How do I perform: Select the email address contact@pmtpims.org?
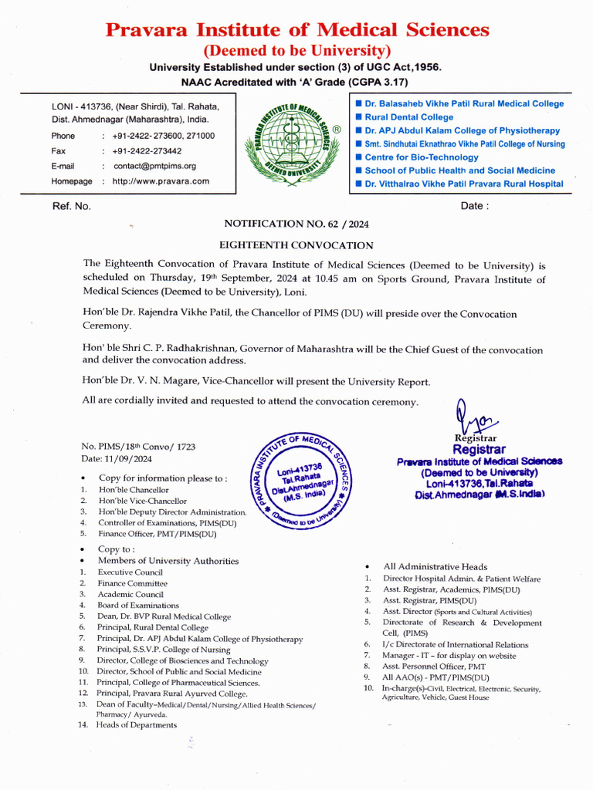[154, 166]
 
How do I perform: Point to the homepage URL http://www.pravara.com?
[161, 181]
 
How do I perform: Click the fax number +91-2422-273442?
[147, 151]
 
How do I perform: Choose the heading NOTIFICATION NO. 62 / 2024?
[296, 224]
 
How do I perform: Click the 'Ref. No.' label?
[71, 206]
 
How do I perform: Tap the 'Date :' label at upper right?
[474, 206]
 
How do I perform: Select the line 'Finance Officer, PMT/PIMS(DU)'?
[157, 533]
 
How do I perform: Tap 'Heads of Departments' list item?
[137, 725]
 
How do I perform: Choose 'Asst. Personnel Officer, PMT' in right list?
[434, 666]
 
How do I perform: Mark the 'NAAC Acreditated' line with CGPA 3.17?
[295, 82]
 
